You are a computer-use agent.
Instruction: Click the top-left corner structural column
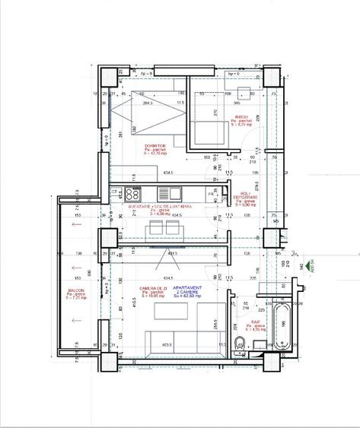click(x=107, y=78)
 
